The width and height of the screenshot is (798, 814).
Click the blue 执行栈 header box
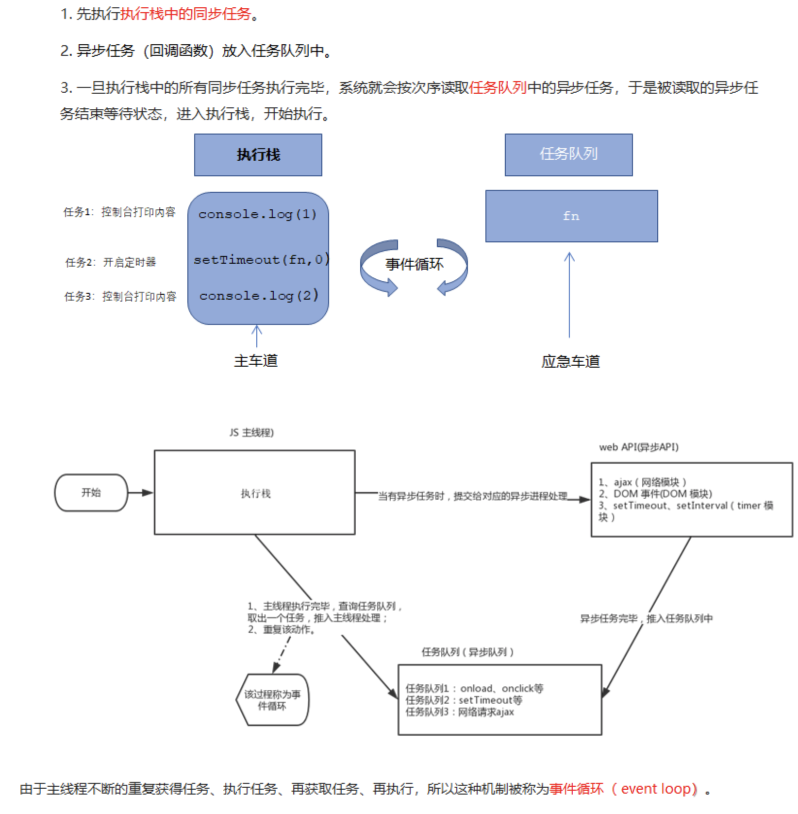[258, 155]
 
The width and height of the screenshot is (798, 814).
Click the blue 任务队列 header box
[568, 154]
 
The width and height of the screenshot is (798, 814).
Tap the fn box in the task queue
[571, 216]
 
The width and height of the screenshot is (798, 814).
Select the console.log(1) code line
[257, 214]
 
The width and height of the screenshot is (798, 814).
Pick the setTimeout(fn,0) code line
[261, 260]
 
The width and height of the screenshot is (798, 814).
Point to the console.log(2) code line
[259, 295]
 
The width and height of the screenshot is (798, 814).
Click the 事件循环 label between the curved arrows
[414, 264]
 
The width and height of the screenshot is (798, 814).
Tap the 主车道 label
[256, 361]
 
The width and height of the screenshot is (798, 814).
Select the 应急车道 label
[570, 361]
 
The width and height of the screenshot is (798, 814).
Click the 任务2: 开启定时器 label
[111, 262]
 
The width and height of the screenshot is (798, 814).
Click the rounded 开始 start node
[91, 492]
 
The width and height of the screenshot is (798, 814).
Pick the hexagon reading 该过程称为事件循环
[272, 700]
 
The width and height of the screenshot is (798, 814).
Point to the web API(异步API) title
[639, 447]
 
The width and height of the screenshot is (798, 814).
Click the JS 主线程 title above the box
[251, 432]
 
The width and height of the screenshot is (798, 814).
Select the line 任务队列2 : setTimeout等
[464, 700]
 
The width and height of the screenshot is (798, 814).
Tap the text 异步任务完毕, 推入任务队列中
[646, 618]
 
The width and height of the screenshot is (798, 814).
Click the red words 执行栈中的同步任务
[185, 14]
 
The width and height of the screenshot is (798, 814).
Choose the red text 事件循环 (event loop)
[623, 788]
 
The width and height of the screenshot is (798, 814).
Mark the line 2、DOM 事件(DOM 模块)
[655, 493]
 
